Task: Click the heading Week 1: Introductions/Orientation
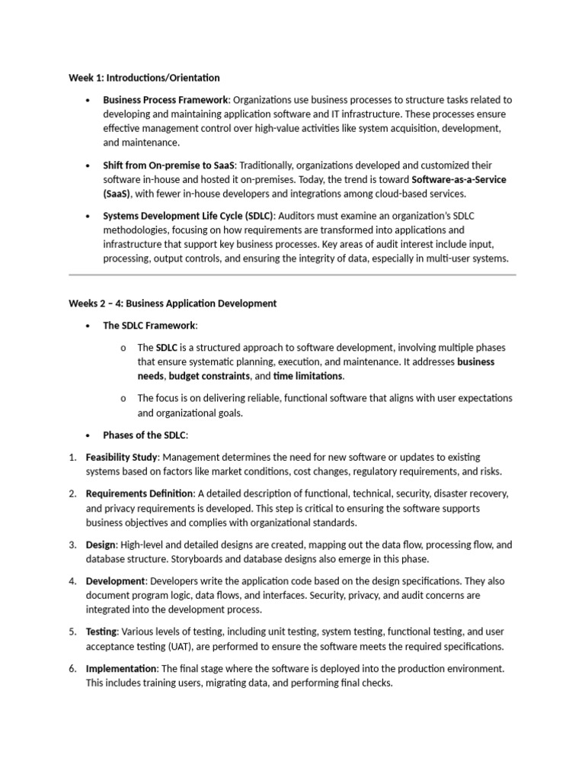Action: click(x=144, y=78)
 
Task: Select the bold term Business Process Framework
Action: click(x=165, y=100)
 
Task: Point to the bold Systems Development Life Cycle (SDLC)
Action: click(x=188, y=216)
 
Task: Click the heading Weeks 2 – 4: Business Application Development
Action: click(x=173, y=304)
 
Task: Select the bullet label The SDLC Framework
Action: click(x=149, y=326)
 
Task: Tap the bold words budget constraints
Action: click(x=209, y=377)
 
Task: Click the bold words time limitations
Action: click(x=308, y=377)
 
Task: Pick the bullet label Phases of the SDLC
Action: click(x=145, y=435)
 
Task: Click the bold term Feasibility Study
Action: click(x=121, y=458)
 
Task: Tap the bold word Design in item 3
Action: click(x=101, y=545)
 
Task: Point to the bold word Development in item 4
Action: click(x=114, y=581)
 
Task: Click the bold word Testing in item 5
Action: click(x=101, y=632)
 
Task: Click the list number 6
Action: click(x=72, y=669)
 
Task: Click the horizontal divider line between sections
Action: click(x=292, y=275)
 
